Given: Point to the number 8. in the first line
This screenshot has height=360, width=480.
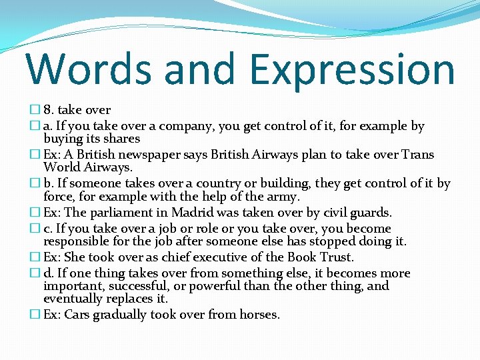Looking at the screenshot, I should click(x=51, y=110).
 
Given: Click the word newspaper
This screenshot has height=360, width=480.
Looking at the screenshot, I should click(x=149, y=155).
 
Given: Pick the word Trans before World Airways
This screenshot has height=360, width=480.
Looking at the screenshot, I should click(x=417, y=155).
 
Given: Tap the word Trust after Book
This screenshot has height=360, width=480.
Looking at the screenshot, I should click(x=337, y=257).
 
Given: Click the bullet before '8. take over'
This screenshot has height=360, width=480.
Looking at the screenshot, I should click(x=36, y=110).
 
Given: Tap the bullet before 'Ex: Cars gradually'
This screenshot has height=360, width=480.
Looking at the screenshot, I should click(x=36, y=315).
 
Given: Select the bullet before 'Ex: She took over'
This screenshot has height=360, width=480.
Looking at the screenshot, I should click(x=36, y=257).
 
